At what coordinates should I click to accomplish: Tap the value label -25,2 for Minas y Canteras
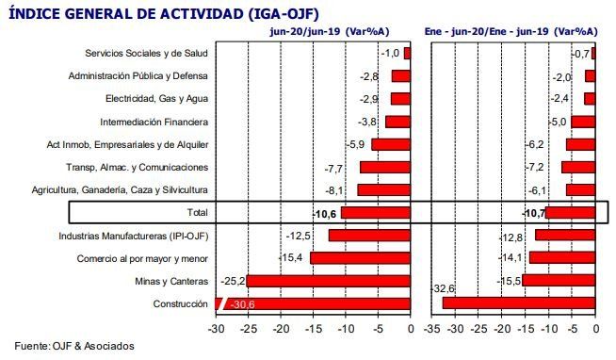tap(232, 281)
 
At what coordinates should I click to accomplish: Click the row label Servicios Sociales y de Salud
tap(146, 54)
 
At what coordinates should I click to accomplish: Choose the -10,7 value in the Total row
tap(533, 213)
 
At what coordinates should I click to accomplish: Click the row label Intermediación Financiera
tap(154, 122)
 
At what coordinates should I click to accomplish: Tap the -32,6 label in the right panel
tap(443, 287)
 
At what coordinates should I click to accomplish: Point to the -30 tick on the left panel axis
tap(216, 329)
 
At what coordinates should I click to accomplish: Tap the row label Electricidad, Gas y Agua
tap(156, 99)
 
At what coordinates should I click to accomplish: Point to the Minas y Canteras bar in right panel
tap(559, 281)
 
